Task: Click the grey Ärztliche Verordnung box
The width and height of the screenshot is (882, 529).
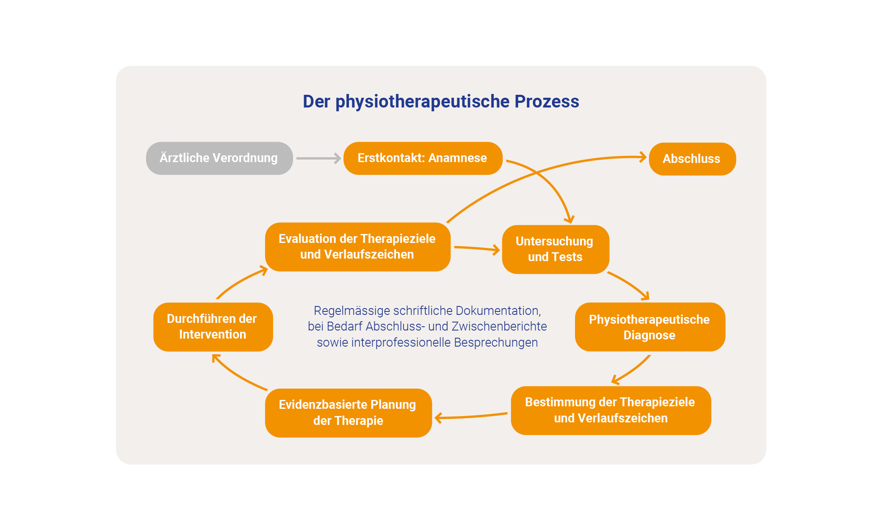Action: click(x=219, y=158)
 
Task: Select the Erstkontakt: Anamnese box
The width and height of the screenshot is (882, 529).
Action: click(x=423, y=158)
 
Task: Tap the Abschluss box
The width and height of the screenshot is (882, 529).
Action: click(x=692, y=159)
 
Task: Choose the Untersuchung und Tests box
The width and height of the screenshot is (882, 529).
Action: click(x=555, y=249)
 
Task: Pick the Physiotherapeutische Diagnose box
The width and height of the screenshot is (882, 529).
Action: click(x=650, y=327)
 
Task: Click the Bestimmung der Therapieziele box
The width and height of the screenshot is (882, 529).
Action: click(x=611, y=410)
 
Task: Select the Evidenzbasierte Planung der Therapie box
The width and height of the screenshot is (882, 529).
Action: click(x=348, y=413)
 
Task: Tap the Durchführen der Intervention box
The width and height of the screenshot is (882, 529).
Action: click(x=213, y=327)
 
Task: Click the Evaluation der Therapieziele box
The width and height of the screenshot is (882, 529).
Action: click(x=357, y=247)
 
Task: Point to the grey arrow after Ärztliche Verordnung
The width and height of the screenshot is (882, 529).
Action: click(x=318, y=158)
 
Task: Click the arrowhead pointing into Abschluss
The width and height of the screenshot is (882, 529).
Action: click(x=643, y=157)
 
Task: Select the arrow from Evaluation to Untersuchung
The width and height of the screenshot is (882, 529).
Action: click(x=476, y=248)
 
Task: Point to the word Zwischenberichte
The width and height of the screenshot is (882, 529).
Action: click(x=499, y=326)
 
